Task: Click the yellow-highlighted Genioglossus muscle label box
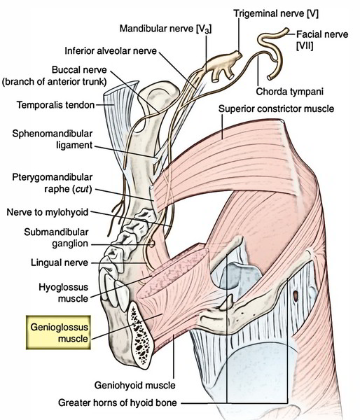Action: tap(58, 332)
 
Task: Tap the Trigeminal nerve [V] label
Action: tap(276, 13)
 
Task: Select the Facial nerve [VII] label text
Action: tap(322, 40)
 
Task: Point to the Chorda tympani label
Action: tap(289, 92)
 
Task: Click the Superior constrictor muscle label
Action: tap(276, 108)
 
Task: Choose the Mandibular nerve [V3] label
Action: tap(165, 29)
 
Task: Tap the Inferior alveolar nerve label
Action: tap(111, 50)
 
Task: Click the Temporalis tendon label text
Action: tap(56, 105)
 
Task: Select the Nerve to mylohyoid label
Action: tap(48, 212)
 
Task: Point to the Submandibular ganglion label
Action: tap(56, 237)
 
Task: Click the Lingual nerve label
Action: tap(60, 262)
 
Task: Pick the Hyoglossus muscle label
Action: tap(64, 293)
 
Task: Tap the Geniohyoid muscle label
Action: tap(135, 386)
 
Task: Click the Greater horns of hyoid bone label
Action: tap(118, 402)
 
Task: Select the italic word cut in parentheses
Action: tap(82, 189)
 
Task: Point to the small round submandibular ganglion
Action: tap(152, 244)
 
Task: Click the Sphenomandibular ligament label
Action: tap(53, 139)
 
